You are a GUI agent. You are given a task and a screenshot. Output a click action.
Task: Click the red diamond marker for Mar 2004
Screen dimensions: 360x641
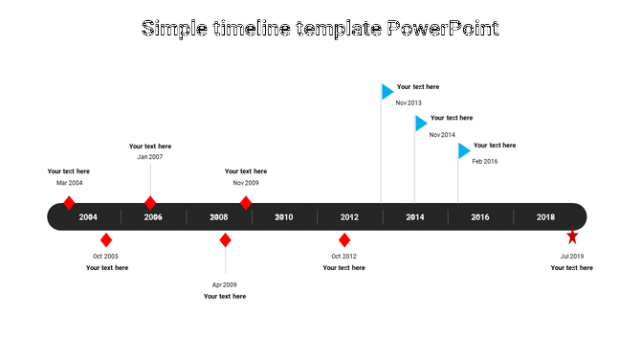pyautogui.click(x=69, y=203)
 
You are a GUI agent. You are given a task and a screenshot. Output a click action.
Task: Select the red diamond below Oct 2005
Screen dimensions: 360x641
pyautogui.click(x=106, y=239)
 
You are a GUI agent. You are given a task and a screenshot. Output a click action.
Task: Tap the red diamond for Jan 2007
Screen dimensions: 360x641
pyautogui.click(x=150, y=203)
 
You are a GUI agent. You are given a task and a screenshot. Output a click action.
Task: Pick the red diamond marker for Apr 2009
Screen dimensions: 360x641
pyautogui.click(x=225, y=239)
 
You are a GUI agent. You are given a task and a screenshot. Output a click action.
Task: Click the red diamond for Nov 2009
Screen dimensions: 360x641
pyautogui.click(x=246, y=203)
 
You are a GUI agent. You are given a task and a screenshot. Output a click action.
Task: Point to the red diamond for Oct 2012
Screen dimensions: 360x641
pyautogui.click(x=344, y=239)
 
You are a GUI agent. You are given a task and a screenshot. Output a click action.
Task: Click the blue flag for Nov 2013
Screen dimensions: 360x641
pyautogui.click(x=387, y=92)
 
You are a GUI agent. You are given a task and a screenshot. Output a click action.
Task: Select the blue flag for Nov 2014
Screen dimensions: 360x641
pyautogui.click(x=420, y=124)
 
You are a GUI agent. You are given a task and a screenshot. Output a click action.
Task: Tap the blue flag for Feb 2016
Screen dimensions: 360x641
pyautogui.click(x=464, y=150)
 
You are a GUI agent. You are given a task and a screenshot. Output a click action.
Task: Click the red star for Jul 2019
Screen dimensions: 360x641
pyautogui.click(x=572, y=236)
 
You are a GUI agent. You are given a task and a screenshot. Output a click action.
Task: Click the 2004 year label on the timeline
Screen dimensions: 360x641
pyautogui.click(x=88, y=217)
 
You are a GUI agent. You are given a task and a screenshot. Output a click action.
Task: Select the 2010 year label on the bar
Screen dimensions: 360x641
pyautogui.click(x=284, y=217)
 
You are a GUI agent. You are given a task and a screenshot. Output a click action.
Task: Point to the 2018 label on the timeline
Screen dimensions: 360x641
pyautogui.click(x=545, y=217)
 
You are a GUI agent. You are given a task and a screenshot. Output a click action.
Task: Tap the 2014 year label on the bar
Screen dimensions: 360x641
pyautogui.click(x=415, y=217)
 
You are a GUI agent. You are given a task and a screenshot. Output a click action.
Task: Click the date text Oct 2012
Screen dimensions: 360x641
pyautogui.click(x=343, y=257)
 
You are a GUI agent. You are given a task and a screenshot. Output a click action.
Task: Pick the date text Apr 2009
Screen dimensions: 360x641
pyautogui.click(x=225, y=284)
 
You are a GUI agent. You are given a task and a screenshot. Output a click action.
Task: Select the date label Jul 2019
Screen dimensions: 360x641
pyautogui.click(x=572, y=257)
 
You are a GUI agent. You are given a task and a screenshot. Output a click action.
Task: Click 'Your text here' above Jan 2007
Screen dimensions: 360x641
pyautogui.click(x=150, y=146)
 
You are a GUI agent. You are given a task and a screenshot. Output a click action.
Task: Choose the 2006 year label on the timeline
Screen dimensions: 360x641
pyautogui.click(x=153, y=217)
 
